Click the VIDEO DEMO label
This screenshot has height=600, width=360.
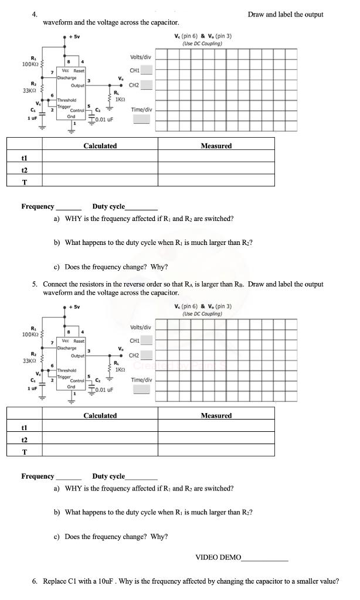coord(218,557)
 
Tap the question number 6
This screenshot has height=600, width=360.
coord(35,581)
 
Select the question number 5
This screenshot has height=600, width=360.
coord(35,284)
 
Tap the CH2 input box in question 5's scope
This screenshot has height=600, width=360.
coord(146,355)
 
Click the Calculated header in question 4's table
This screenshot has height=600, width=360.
coord(100,146)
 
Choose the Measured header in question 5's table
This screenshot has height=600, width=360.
coord(216,415)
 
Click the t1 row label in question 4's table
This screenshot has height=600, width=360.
coord(24,158)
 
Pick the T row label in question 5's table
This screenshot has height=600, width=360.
coord(24,452)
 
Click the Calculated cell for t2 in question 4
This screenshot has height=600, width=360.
coord(100,170)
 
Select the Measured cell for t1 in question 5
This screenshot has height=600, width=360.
coord(216,427)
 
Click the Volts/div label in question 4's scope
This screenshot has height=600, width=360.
coord(140,57)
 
